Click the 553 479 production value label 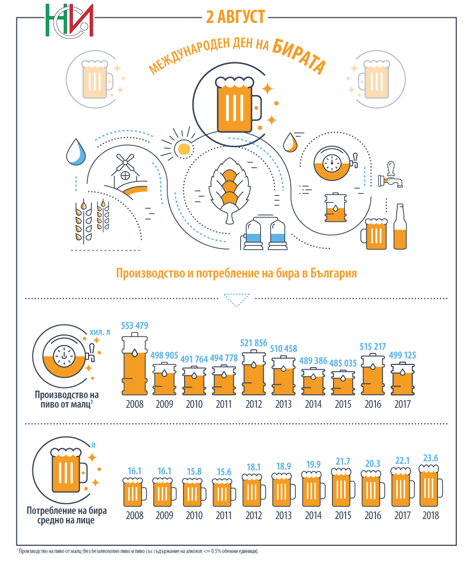pyautogui.click(x=134, y=326)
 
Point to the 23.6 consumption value pyautogui.click(x=431, y=458)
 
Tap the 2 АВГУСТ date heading pyautogui.click(x=235, y=17)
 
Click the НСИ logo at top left pyautogui.click(x=69, y=21)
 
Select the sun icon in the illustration pyautogui.click(x=184, y=149)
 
